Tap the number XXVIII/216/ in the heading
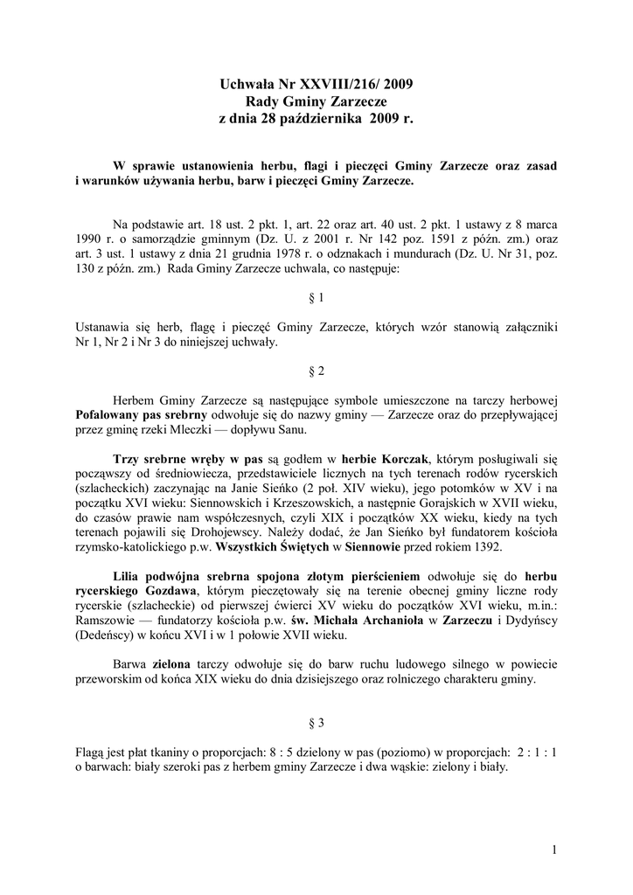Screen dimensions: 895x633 click(335, 85)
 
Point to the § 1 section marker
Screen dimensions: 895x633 click(316, 297)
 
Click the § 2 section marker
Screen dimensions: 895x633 click(316, 371)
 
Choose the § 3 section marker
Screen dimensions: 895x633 click(316, 723)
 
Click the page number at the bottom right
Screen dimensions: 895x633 click(554, 849)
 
